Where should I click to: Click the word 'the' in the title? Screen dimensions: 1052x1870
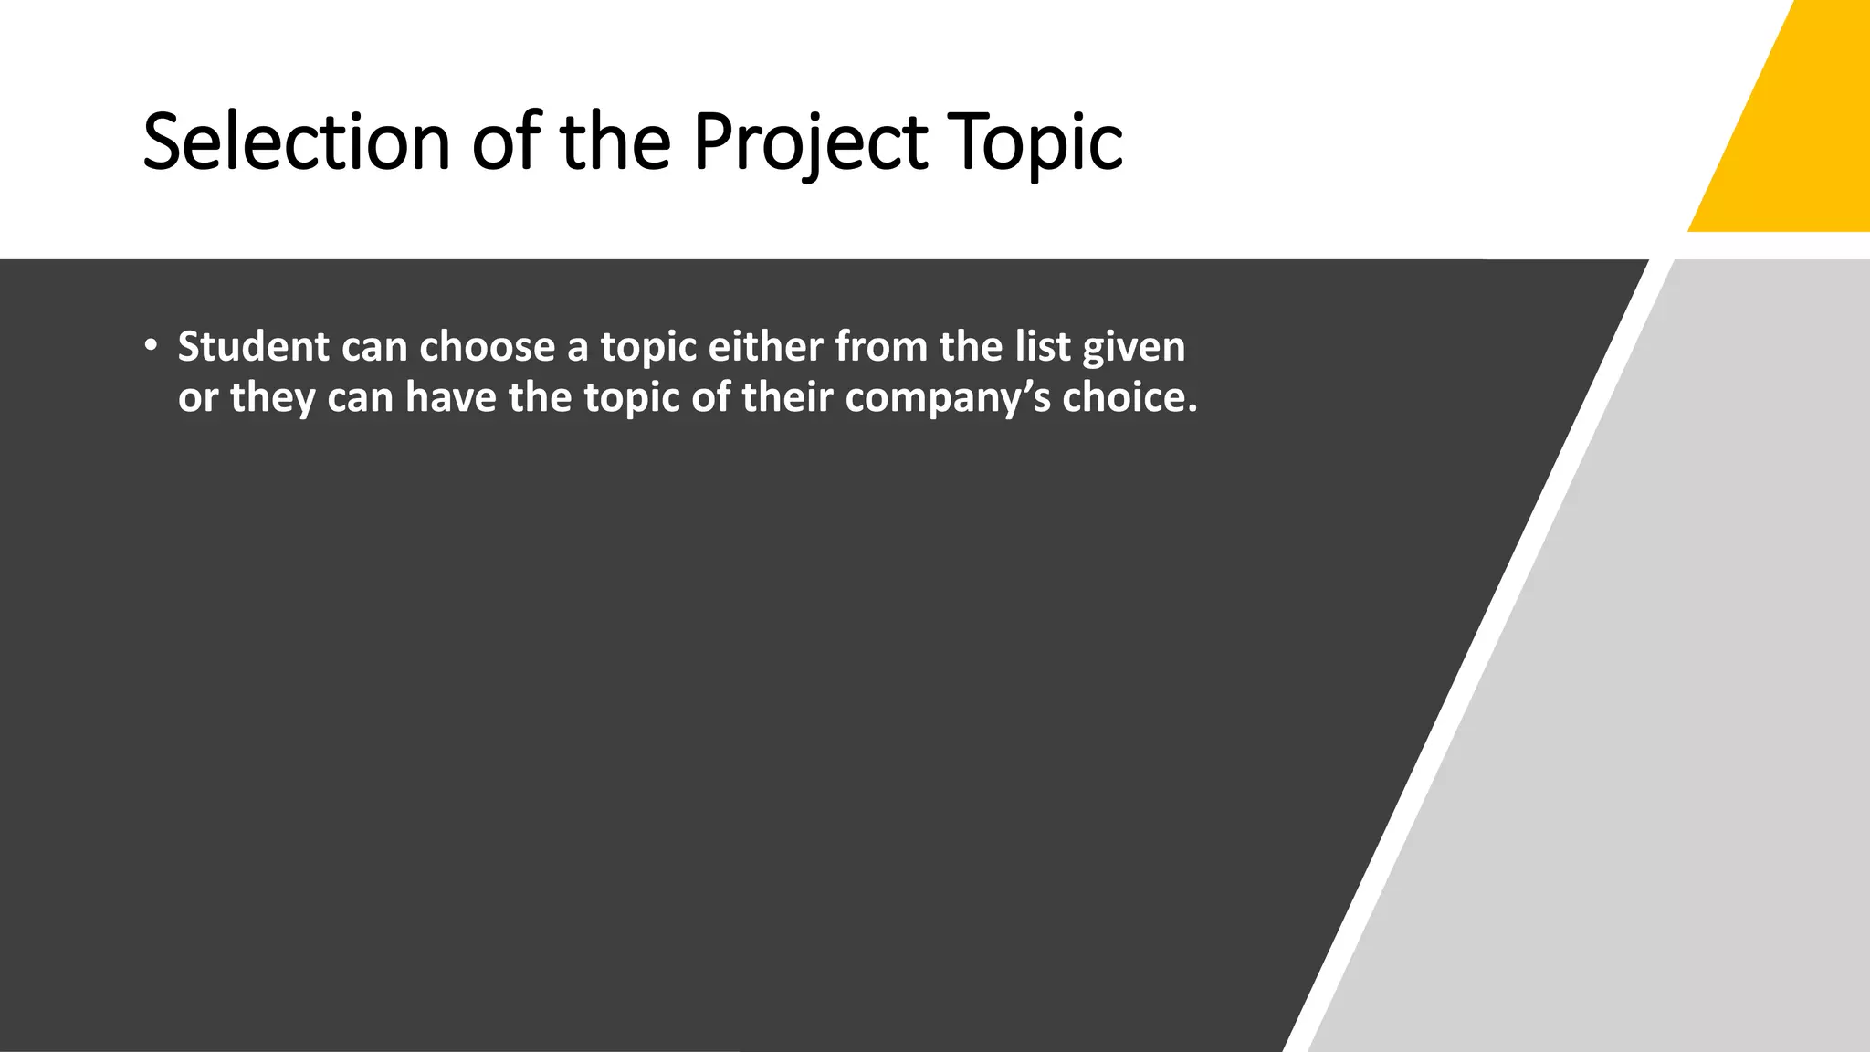click(x=615, y=142)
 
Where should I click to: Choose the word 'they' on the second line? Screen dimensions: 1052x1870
click(x=272, y=398)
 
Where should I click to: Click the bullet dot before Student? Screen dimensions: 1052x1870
click(x=151, y=346)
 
